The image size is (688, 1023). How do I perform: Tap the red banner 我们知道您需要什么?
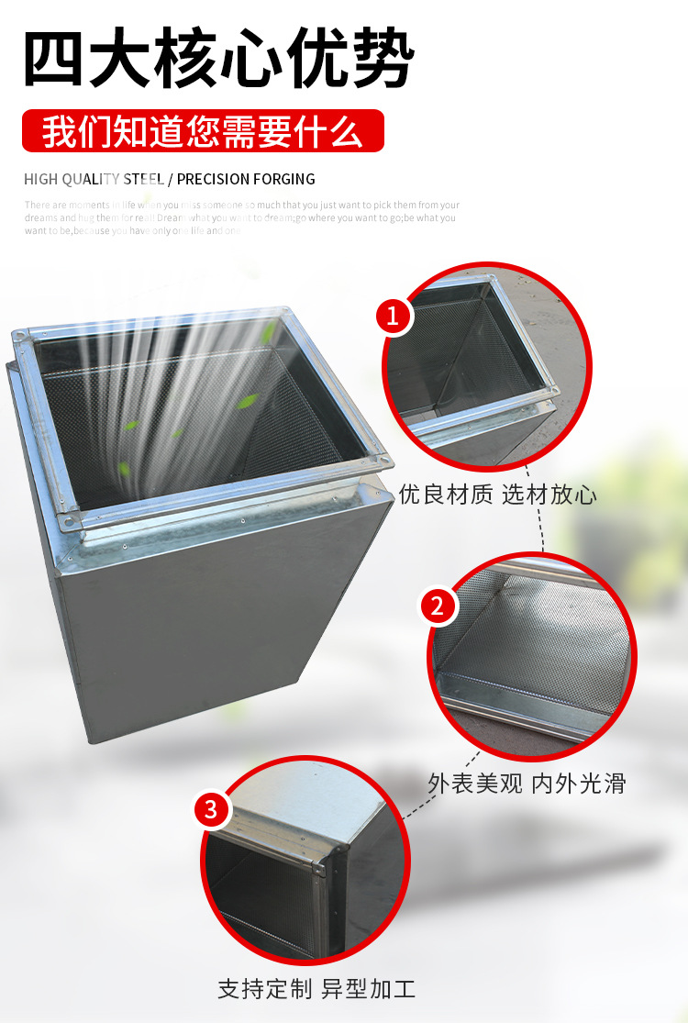[203, 131]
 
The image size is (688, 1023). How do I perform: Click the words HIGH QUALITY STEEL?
[94, 179]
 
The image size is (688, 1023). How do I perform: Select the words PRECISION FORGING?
[246, 179]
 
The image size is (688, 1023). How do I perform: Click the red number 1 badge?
[394, 317]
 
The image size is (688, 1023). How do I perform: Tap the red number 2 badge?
[438, 606]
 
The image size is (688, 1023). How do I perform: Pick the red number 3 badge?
[211, 809]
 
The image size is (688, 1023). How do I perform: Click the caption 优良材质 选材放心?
[497, 495]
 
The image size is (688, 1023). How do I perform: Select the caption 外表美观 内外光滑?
[527, 783]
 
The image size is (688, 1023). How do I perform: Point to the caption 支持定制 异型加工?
[316, 989]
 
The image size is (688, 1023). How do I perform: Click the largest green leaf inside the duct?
[249, 401]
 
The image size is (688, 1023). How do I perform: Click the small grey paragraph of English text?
[241, 218]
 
